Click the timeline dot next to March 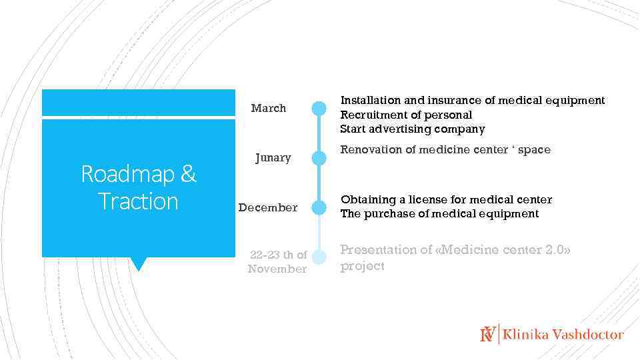319,108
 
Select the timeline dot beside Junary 319,158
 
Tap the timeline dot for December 319,207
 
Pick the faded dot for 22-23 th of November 319,257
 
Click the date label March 268,108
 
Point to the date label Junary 273,158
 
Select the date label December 268,207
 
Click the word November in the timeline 277,269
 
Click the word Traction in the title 138,201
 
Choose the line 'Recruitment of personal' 406,115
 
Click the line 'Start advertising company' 412,129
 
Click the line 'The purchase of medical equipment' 439,214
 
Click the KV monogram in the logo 488,334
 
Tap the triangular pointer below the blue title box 138,264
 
